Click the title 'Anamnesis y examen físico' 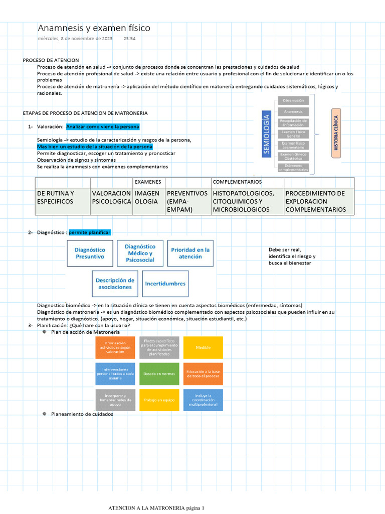tap(94, 28)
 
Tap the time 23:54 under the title tap(129, 39)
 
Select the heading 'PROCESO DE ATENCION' tap(51, 60)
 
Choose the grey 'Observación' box tap(293, 101)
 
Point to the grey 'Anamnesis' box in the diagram tap(293, 111)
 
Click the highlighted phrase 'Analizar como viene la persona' tap(102, 126)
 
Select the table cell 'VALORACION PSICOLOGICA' tap(111, 197)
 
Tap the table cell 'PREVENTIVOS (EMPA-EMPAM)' tap(187, 201)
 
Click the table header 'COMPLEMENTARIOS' tap(237, 182)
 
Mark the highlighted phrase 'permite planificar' tap(89, 232)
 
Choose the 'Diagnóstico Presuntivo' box tap(90, 253)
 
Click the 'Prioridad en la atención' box tap(190, 253)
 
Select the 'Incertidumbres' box tap(165, 284)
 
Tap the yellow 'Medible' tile tap(203, 347)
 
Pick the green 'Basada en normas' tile tap(159, 374)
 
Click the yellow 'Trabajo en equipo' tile tap(159, 400)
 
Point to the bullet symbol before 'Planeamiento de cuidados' tap(44, 414)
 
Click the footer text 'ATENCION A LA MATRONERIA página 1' tap(157, 508)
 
